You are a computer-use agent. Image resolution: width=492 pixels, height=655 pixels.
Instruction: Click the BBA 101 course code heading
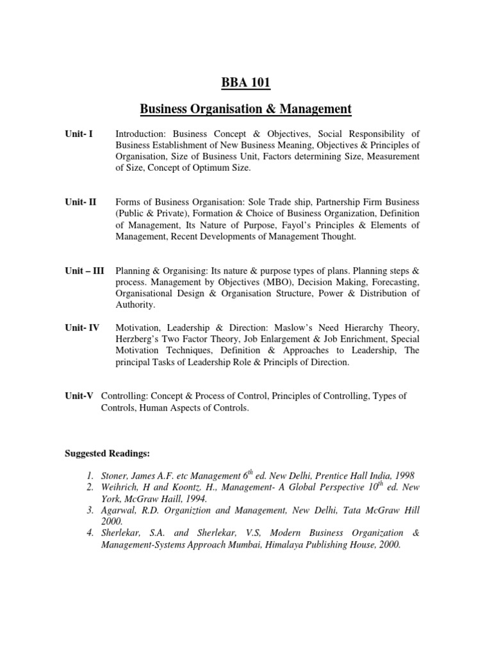pos(246,83)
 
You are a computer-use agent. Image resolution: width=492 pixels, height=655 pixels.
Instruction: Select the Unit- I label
pos(79,134)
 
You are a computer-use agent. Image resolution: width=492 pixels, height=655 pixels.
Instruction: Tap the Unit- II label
pos(81,202)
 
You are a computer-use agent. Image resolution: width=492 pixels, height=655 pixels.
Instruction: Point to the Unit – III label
pos(85,271)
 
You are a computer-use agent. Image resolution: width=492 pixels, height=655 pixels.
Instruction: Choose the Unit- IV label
pos(82,327)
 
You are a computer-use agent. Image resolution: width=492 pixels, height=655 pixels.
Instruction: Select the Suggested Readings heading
pos(107,454)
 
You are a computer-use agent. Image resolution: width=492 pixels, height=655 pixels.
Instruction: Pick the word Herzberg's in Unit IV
pos(140,339)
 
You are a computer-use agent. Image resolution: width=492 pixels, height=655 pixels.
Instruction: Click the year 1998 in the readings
pos(403,476)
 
